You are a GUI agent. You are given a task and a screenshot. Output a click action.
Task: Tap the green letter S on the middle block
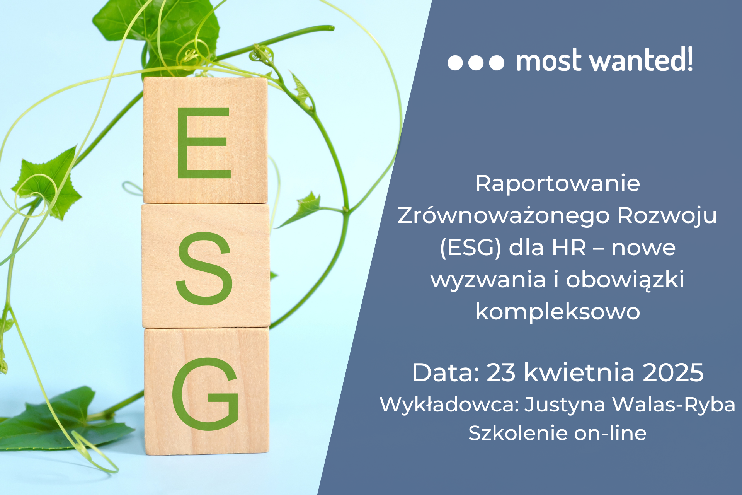[x=204, y=268]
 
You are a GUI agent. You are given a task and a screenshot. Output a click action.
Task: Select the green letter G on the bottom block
[x=205, y=394]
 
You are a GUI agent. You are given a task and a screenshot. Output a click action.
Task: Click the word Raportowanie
[x=557, y=183]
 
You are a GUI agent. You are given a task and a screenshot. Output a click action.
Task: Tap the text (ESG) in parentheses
[x=470, y=248]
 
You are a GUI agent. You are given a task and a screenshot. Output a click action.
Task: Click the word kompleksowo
[x=557, y=311]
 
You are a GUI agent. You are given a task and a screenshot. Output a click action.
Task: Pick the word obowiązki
[x=625, y=279]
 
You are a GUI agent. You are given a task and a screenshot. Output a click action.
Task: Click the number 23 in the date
[x=501, y=372]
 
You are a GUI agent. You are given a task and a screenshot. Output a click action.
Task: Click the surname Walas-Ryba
[x=674, y=405]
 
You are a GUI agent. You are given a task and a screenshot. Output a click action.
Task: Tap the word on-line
[x=610, y=433]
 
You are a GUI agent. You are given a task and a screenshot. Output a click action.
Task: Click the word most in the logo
[x=549, y=61]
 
